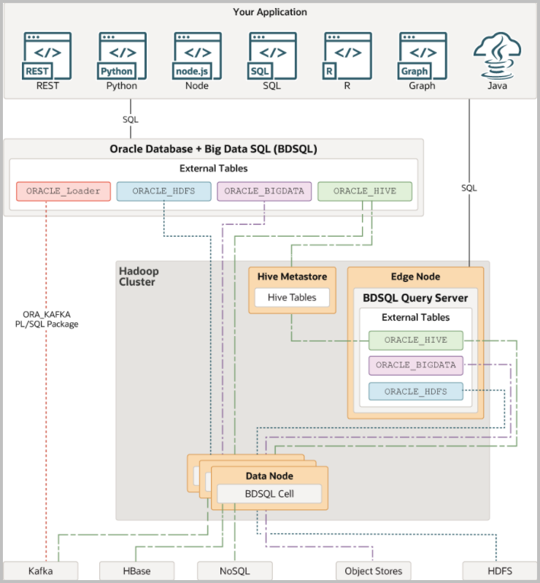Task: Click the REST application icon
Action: [x=47, y=55]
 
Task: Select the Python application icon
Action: [x=122, y=55]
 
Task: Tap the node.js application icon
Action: [x=197, y=55]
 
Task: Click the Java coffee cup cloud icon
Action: [x=498, y=55]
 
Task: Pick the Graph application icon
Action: [x=423, y=55]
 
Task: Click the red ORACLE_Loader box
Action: [x=63, y=191]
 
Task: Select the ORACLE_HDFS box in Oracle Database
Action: [x=164, y=191]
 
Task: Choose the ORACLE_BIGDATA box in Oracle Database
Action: [x=264, y=191]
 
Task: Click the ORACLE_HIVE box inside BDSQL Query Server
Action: [x=416, y=340]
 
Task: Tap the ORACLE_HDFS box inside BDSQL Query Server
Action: [x=416, y=391]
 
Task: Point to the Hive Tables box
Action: [x=292, y=297]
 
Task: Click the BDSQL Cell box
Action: [x=269, y=494]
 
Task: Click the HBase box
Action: [x=136, y=571]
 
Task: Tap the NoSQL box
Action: [x=234, y=571]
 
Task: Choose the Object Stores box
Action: [x=373, y=571]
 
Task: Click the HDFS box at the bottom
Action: [x=498, y=571]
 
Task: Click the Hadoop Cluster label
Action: [x=139, y=276]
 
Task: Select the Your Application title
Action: [x=270, y=12]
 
